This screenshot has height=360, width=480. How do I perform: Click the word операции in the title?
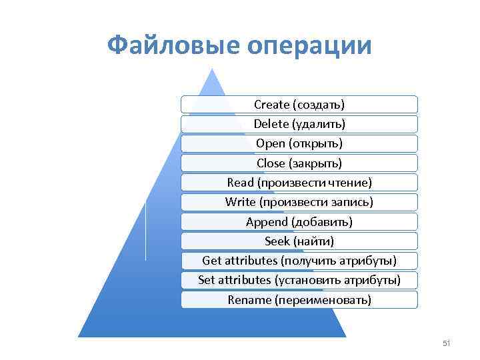pyautogui.click(x=309, y=46)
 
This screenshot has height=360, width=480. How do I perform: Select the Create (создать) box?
pyautogui.click(x=299, y=104)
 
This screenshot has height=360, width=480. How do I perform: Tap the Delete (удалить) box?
pyautogui.click(x=299, y=123)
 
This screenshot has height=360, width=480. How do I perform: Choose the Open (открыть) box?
pyautogui.click(x=299, y=143)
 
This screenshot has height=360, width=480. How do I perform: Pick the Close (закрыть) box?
pyautogui.click(x=299, y=163)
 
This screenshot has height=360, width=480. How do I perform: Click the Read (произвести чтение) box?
pyautogui.click(x=299, y=182)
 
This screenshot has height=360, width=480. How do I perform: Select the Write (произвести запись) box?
pyautogui.click(x=299, y=201)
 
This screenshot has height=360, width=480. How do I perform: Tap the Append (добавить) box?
pyautogui.click(x=299, y=221)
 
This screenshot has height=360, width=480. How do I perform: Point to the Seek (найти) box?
pyautogui.click(x=299, y=241)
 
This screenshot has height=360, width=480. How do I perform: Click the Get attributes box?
pyautogui.click(x=299, y=260)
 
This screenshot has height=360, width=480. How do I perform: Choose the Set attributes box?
pyautogui.click(x=299, y=280)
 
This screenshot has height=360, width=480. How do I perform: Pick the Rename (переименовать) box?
pyautogui.click(x=299, y=299)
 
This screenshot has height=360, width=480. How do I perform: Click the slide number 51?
pyautogui.click(x=447, y=343)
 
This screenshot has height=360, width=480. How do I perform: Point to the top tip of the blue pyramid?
pyautogui.click(x=213, y=69)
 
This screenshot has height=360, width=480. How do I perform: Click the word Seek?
pyautogui.click(x=277, y=241)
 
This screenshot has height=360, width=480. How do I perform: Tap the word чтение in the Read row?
pyautogui.click(x=349, y=182)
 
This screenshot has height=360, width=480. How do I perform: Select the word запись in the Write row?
pyautogui.click(x=352, y=201)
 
